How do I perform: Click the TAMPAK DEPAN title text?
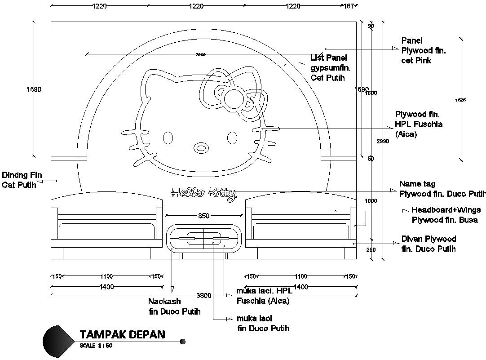coord(122,334)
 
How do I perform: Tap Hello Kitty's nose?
coord(201,147)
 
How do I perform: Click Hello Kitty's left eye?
coord(168,138)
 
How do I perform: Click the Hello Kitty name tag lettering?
coord(203,193)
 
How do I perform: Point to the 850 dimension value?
coord(203,216)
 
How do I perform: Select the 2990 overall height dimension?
coord(383,141)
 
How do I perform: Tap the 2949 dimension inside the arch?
coord(200,55)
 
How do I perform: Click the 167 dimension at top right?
coord(349,6)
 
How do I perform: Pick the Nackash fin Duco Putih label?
coord(174,307)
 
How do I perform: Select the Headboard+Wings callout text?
coord(444,215)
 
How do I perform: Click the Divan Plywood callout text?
coord(429,244)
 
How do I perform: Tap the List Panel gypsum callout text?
coord(330,67)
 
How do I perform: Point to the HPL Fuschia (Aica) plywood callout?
coord(418,124)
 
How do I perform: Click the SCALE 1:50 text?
coord(96,346)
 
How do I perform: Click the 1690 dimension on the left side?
coord(34,89)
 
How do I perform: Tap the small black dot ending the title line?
coord(182,342)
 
